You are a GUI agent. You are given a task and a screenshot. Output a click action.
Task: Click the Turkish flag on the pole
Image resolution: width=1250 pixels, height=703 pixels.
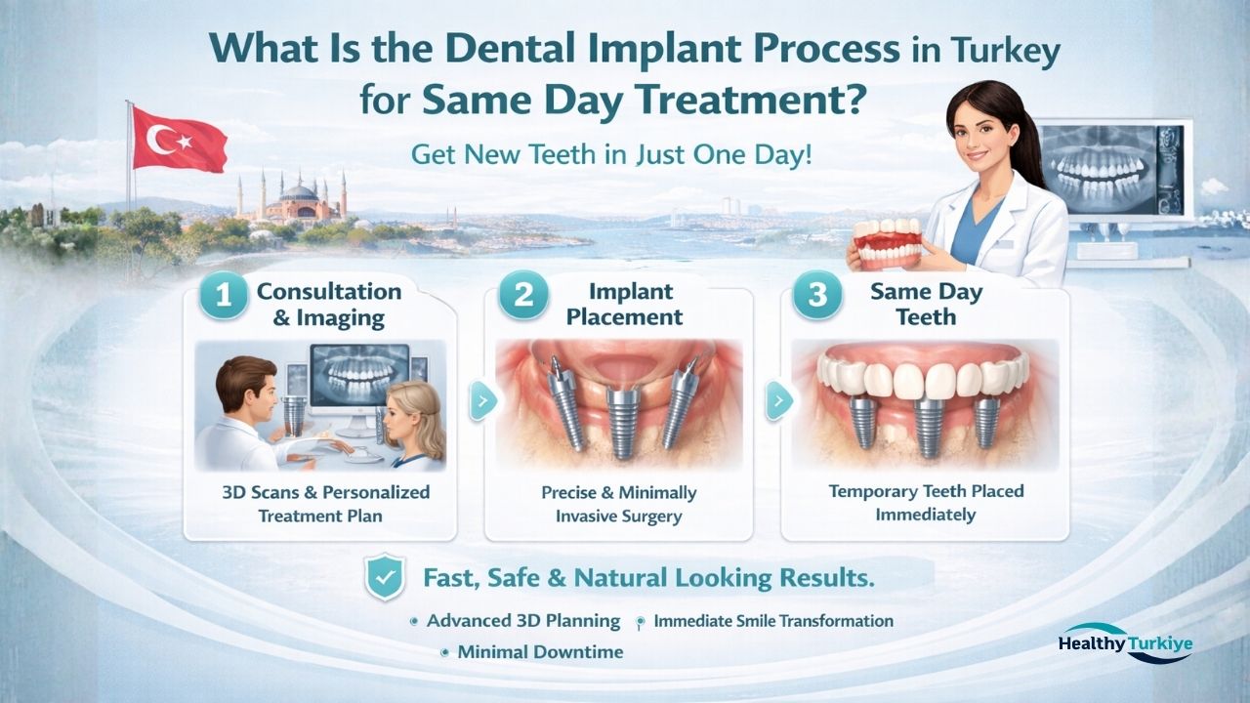pyautogui.click(x=178, y=140)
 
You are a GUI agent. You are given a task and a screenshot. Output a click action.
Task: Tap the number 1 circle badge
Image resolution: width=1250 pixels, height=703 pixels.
pyautogui.click(x=224, y=297)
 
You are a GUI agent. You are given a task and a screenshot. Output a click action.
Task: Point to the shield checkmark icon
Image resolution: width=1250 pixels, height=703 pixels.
pyautogui.click(x=383, y=578)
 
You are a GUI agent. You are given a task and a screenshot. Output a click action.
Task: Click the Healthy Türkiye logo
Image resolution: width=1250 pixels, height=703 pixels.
pyautogui.click(x=1125, y=644)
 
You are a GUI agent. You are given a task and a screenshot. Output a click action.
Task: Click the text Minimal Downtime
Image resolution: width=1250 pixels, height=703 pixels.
pyautogui.click(x=540, y=652)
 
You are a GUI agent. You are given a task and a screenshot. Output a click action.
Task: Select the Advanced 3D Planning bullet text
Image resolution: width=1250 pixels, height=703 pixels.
pyautogui.click(x=522, y=621)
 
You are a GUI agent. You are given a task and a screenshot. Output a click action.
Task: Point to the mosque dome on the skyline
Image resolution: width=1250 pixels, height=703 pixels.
pyautogui.click(x=298, y=194)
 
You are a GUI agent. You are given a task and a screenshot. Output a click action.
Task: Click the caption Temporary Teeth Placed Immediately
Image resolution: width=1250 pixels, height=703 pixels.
pyautogui.click(x=925, y=502)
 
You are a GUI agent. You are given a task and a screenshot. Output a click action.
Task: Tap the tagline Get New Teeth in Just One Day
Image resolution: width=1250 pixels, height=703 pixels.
pyautogui.click(x=611, y=155)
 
